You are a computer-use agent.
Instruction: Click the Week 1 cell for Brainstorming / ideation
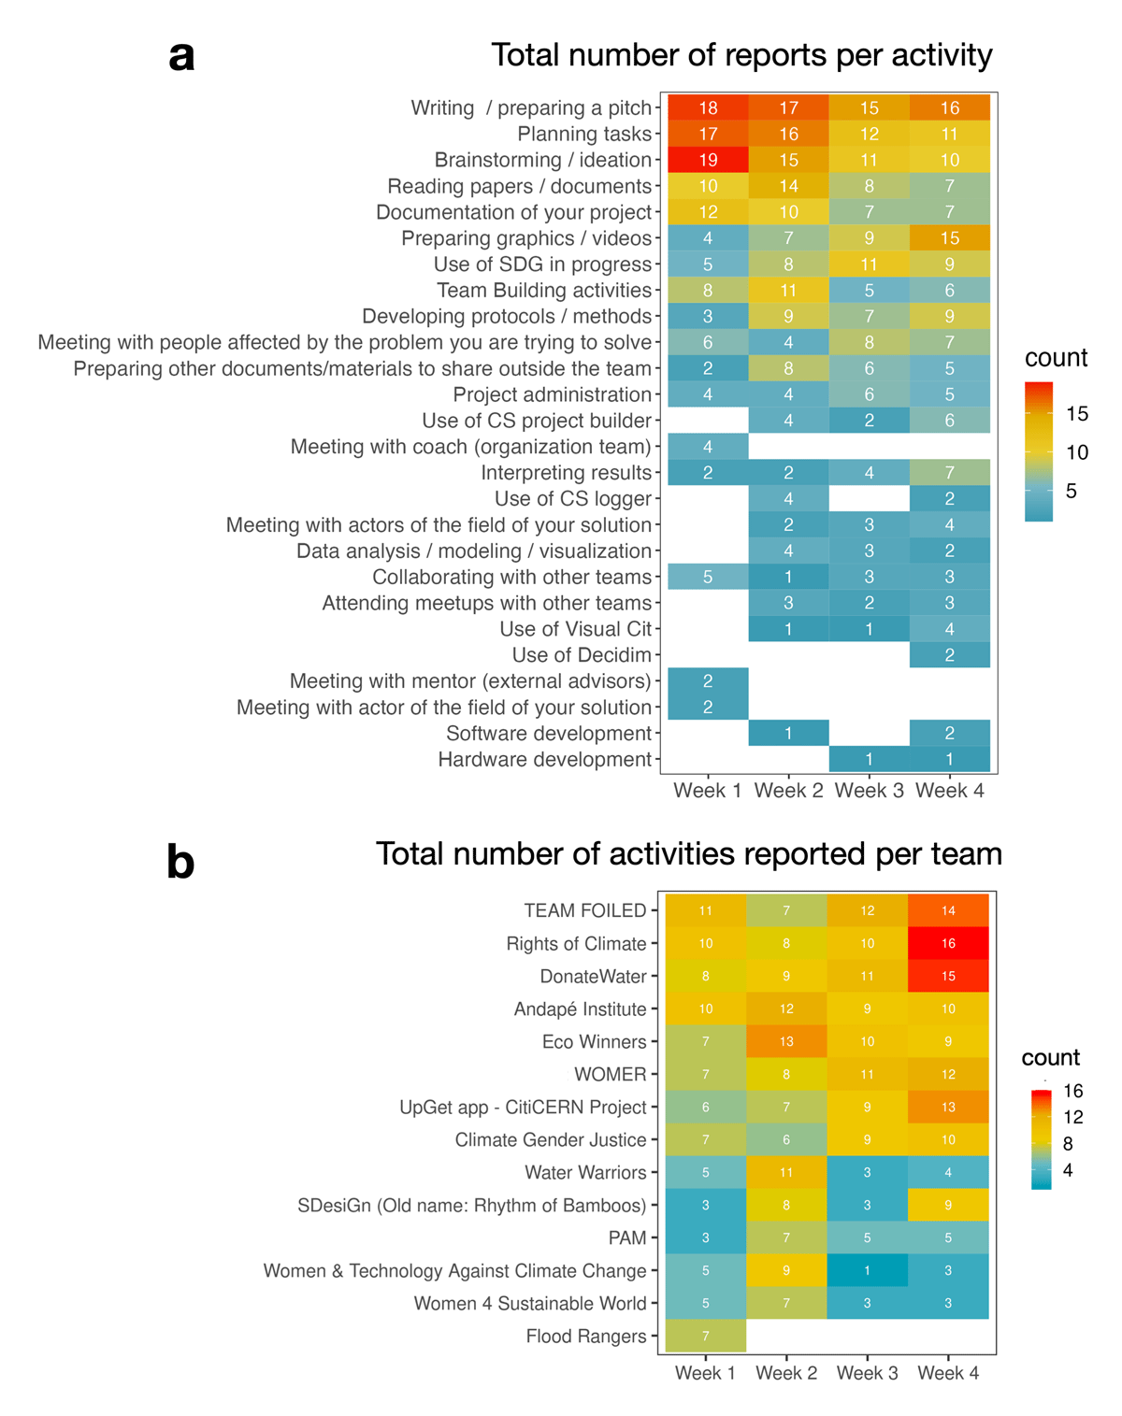coord(708,160)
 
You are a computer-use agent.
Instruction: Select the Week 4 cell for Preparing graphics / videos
coord(950,238)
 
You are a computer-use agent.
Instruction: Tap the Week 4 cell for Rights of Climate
coord(948,943)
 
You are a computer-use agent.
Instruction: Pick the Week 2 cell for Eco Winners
coord(786,1041)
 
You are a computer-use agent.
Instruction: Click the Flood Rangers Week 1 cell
coord(706,1336)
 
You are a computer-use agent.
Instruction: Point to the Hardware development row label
coord(544,760)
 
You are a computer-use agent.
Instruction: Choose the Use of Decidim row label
coord(582,655)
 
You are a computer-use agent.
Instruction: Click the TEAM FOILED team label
coord(585,910)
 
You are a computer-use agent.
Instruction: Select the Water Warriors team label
coord(585,1172)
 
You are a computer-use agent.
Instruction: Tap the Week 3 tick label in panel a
coord(870,791)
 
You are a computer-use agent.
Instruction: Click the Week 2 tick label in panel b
coord(786,1373)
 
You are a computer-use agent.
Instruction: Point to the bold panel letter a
coord(182,56)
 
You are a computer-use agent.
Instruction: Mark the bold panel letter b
coord(180,861)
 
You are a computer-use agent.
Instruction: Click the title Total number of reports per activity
coord(741,55)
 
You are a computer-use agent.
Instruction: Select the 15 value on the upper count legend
coord(1077,414)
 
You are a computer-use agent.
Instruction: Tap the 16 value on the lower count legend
coord(1073,1091)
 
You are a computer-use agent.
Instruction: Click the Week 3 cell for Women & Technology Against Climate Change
coord(867,1270)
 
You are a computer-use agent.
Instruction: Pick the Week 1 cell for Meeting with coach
coord(708,447)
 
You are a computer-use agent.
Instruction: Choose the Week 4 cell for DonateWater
coord(948,976)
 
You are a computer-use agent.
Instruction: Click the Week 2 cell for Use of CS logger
coord(788,499)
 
